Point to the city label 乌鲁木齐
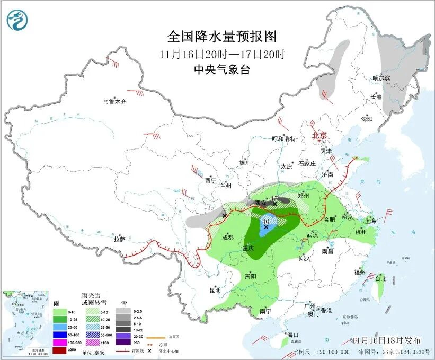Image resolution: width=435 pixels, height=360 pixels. coord(115,102)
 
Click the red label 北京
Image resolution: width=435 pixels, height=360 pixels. coord(319,135)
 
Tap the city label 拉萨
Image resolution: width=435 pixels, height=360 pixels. coord(119,239)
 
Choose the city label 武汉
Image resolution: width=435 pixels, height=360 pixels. coord(312,234)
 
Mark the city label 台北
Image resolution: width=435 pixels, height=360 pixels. coord(380,278)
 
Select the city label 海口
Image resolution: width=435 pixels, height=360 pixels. coord(293,335)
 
